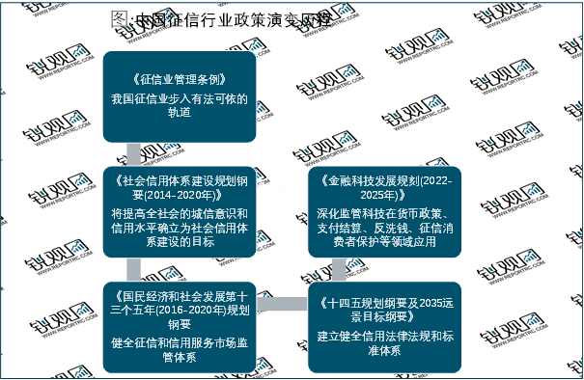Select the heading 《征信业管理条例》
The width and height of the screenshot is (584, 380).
[x=180, y=82]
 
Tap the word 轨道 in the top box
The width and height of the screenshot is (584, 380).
[x=180, y=114]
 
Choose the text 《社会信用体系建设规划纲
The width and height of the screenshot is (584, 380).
[x=181, y=179]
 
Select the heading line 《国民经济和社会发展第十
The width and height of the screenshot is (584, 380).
[x=181, y=295]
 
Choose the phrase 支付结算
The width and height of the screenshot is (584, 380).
[x=351, y=226]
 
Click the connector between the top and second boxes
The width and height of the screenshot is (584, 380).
[x=134, y=153]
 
